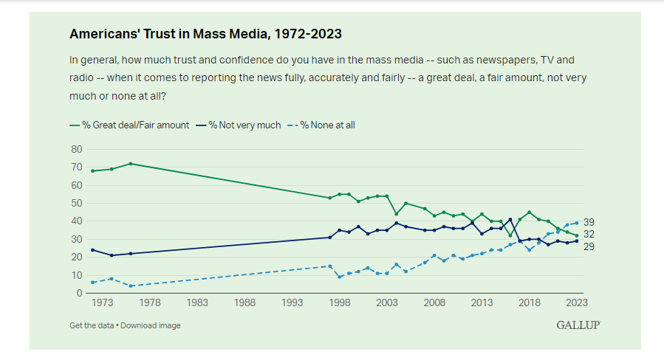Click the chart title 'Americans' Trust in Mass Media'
[205, 34]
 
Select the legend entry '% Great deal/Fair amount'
[129, 125]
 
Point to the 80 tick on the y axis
[75, 148]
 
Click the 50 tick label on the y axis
[75, 203]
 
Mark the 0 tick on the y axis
[78, 293]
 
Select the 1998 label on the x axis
[340, 303]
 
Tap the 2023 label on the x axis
[577, 303]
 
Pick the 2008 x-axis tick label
[434, 303]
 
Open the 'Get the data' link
[92, 325]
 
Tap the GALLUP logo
[578, 325]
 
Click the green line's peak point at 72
[131, 163]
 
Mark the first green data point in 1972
[92, 170]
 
